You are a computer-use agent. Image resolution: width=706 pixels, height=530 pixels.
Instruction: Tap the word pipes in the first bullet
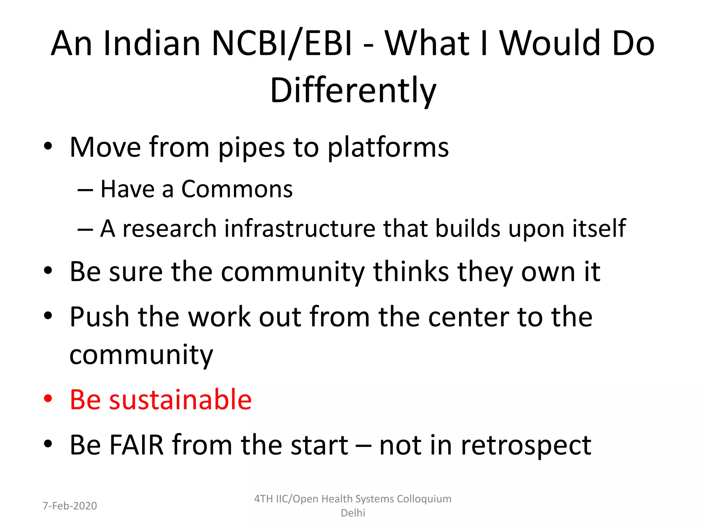click(252, 148)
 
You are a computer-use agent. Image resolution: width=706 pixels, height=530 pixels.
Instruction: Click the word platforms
click(388, 148)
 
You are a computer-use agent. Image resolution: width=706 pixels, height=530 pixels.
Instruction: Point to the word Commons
click(237, 189)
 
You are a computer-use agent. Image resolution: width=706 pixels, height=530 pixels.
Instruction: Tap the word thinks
click(411, 272)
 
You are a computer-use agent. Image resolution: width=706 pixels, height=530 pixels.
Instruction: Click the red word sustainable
click(180, 400)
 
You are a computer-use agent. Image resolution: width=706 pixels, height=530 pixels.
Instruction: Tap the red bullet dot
click(48, 399)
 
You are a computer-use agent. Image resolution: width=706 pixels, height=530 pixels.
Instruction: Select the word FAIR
click(136, 445)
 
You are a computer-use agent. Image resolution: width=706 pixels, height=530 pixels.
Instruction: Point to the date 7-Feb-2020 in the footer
click(70, 506)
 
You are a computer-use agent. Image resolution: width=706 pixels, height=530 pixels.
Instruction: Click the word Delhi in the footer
click(353, 513)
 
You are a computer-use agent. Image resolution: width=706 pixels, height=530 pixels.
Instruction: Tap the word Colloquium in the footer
click(424, 499)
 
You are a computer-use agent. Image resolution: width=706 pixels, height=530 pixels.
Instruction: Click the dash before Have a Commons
click(85, 190)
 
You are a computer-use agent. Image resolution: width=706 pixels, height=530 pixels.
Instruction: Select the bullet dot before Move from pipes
click(48, 146)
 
